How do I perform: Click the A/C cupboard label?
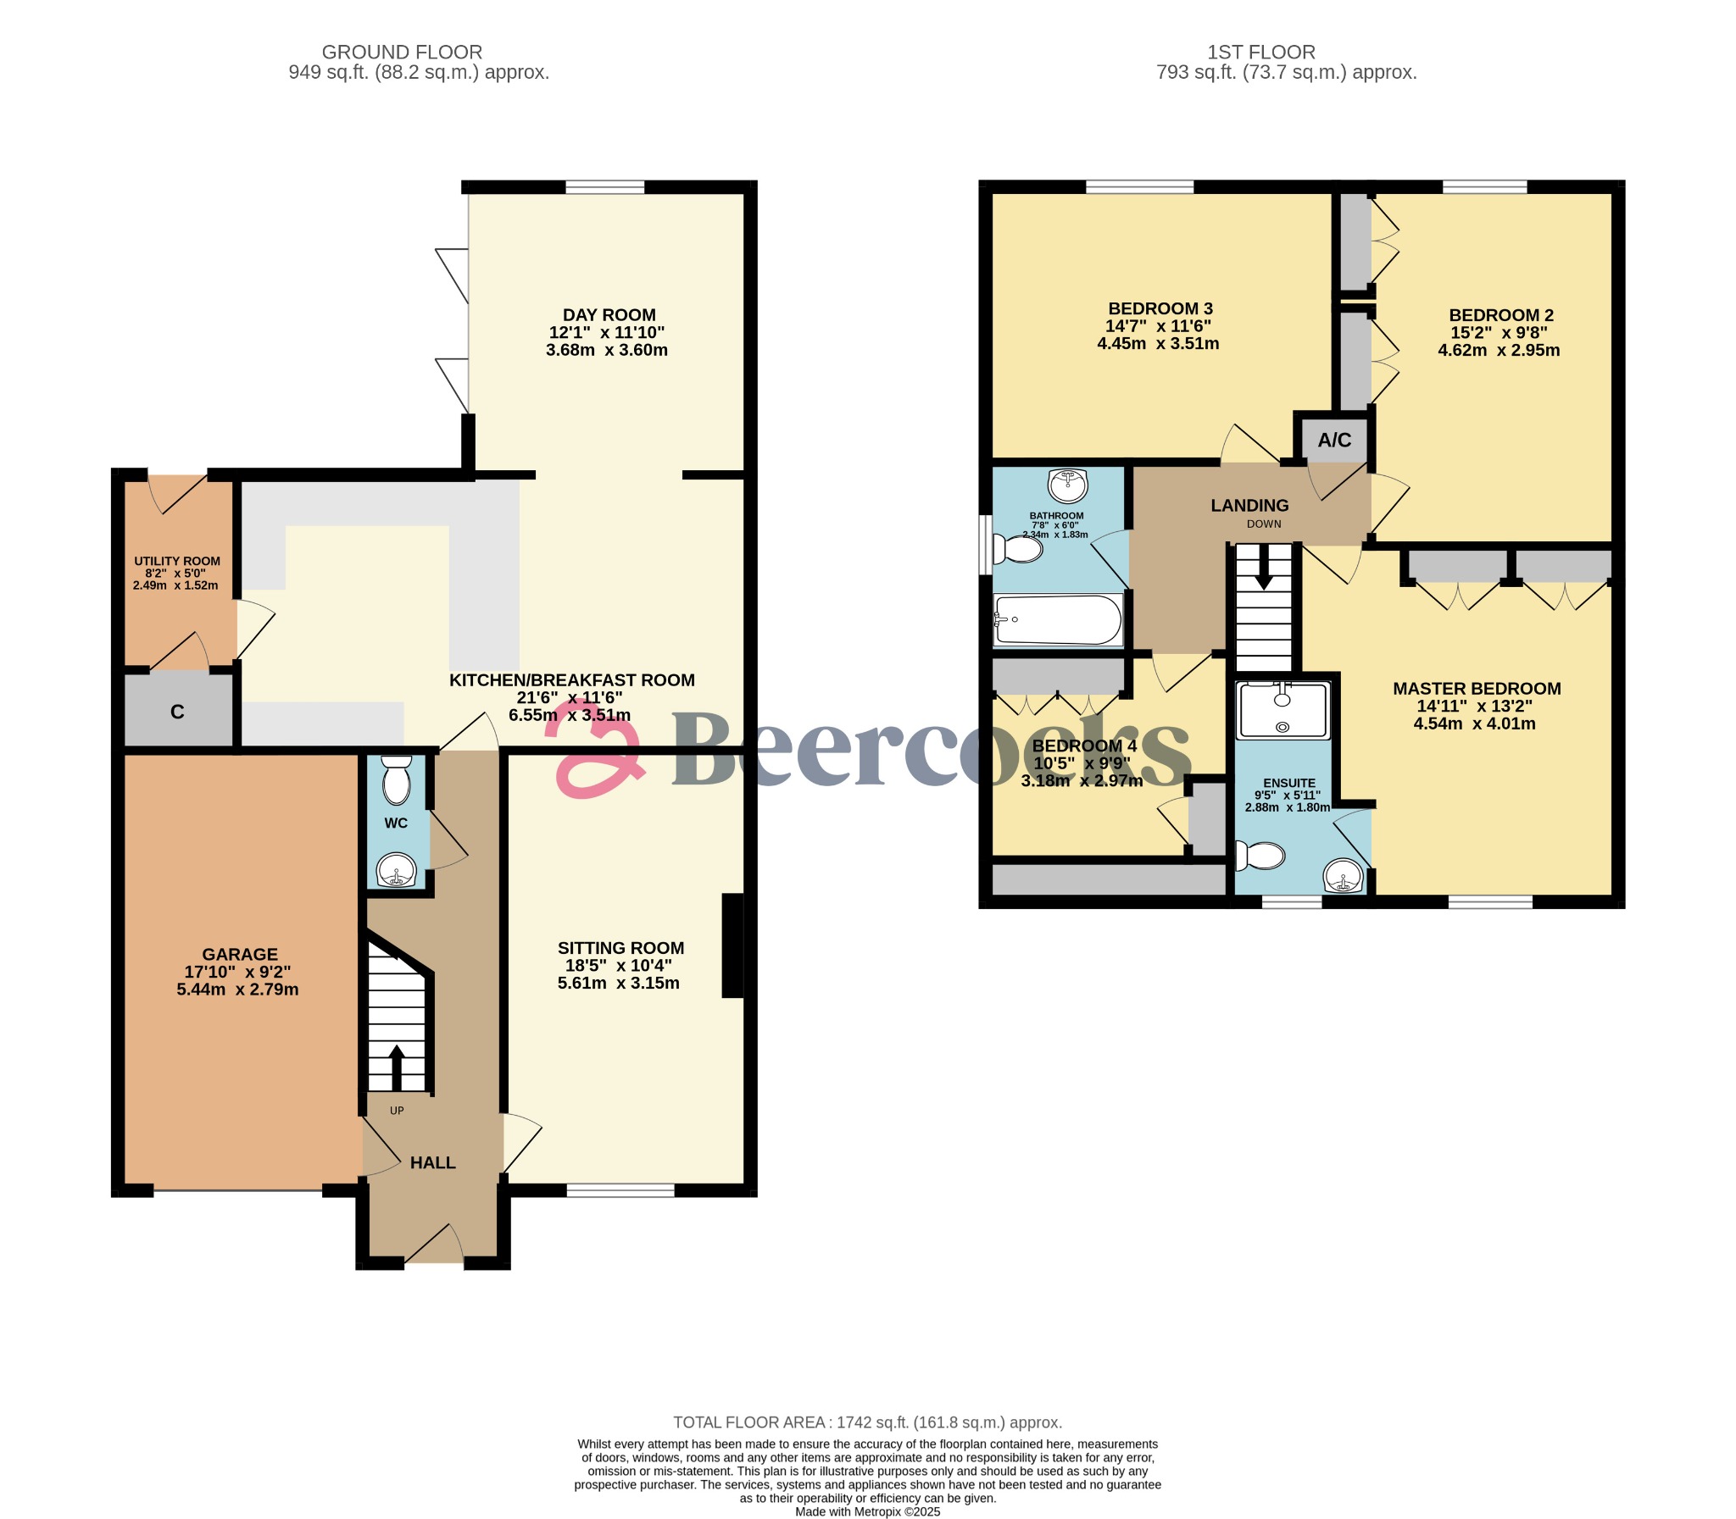coord(1334,440)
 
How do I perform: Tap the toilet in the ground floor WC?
coord(396,781)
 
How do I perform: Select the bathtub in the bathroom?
coord(1058,619)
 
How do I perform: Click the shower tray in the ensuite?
coord(1283,710)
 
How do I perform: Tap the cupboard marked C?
coord(177,711)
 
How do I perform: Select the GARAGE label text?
coord(239,954)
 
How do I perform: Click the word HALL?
coord(432,1162)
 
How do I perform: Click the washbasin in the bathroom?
coord(1068,486)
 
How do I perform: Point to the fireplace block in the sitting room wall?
coord(732,945)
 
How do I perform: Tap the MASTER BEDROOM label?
coord(1476,688)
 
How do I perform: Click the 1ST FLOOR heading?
coord(1261,52)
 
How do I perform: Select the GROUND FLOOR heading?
coord(402,52)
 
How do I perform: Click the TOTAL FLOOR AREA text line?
coord(867,1422)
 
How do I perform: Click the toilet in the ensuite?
coord(1260,856)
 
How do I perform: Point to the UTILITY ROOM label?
coord(176,561)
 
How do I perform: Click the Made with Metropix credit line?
coord(867,1511)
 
